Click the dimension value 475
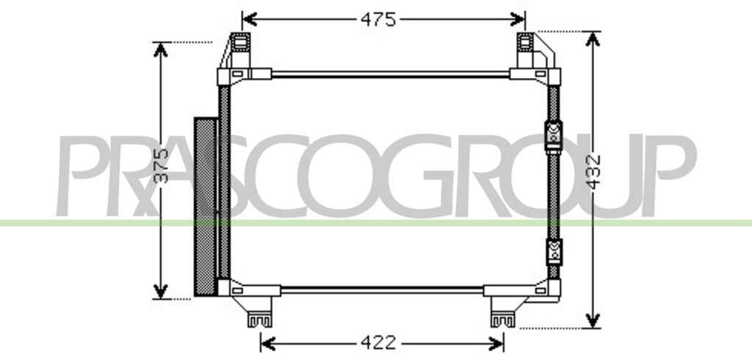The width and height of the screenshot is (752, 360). [x=378, y=19]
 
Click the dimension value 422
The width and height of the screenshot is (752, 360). [x=378, y=342]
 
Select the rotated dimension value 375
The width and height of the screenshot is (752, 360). [x=162, y=165]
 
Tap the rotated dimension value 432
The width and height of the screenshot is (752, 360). [x=594, y=172]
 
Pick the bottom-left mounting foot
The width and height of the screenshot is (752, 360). [x=259, y=319]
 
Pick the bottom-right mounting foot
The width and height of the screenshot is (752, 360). [x=502, y=319]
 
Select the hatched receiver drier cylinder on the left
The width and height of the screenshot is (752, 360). [x=205, y=206]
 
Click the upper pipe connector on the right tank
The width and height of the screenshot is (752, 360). [x=554, y=137]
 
